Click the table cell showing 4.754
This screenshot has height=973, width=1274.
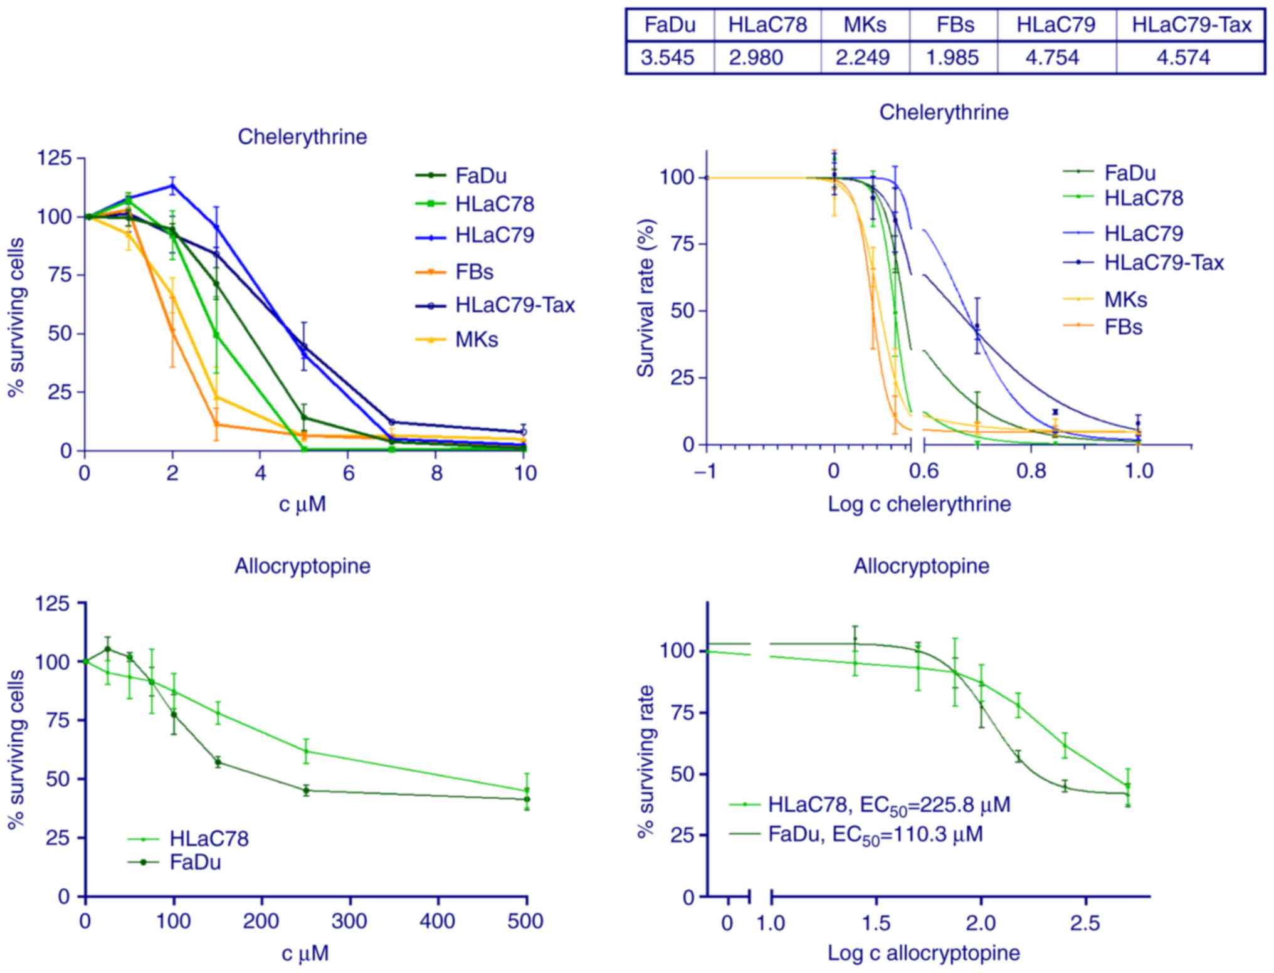pos(1056,58)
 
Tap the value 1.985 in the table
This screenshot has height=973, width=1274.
pos(952,58)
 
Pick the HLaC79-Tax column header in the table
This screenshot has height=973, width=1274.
pos(1191,24)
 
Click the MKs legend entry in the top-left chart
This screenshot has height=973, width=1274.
pos(476,340)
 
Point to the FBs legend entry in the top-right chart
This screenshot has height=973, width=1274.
pos(1123,327)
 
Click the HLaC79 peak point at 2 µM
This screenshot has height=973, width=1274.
pos(172,185)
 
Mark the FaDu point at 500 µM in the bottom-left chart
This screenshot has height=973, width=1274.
pos(527,799)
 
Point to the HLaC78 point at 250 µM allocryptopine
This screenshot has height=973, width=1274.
pos(306,751)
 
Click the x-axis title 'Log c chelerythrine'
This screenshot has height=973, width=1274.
pos(919,504)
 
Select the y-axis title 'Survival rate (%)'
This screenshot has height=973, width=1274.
pos(645,298)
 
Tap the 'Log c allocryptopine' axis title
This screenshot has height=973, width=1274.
pos(924,954)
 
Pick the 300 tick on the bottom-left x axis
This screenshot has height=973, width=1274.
pos(349,922)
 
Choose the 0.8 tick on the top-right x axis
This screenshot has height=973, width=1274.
pos(1032,471)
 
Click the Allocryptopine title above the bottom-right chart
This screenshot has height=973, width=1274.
pos(921,566)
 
